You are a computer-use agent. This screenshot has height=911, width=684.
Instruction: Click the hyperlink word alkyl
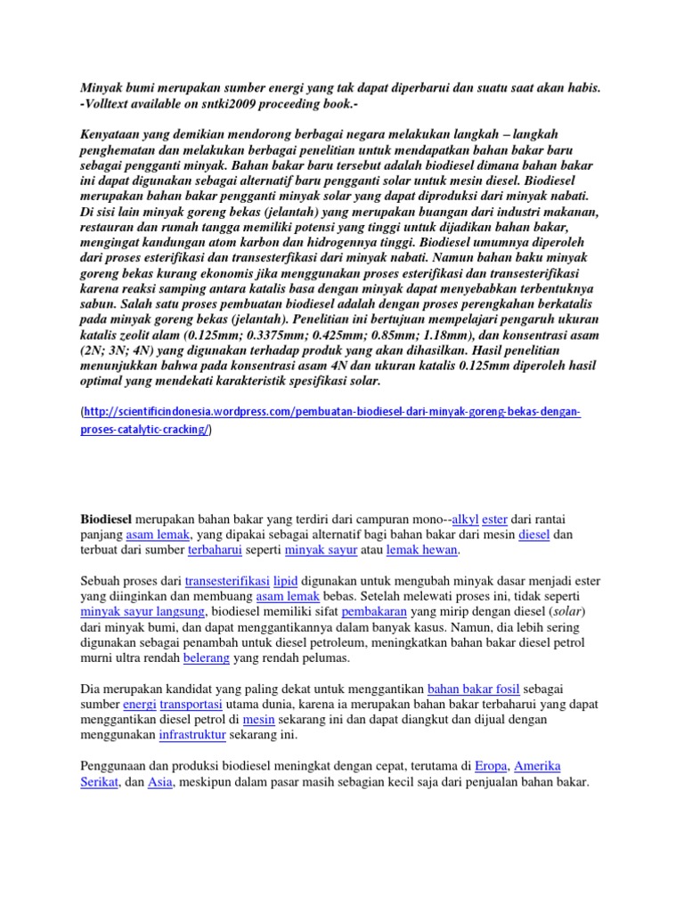(x=465, y=519)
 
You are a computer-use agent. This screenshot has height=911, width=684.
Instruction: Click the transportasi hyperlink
(x=191, y=705)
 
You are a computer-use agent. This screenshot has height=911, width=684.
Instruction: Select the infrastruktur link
(x=191, y=737)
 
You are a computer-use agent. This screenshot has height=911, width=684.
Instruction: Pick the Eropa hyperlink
(x=491, y=766)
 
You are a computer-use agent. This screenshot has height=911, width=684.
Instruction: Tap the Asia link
(x=159, y=782)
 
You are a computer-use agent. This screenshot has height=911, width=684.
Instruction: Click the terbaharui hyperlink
(x=217, y=551)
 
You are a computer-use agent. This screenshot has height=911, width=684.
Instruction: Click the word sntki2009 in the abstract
(x=209, y=103)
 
